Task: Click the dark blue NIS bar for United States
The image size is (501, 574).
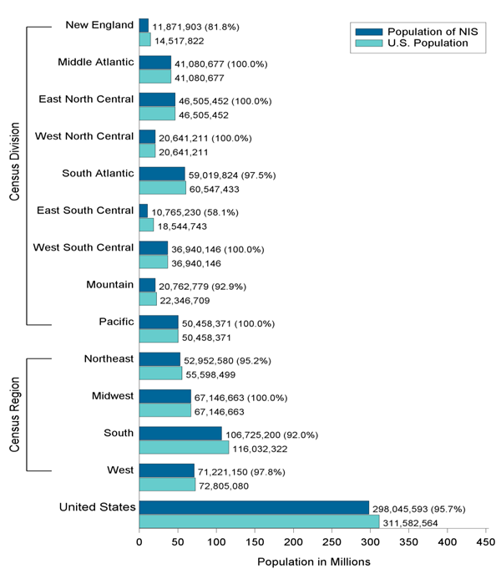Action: pos(254,507)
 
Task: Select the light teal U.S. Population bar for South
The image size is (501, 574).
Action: pos(184,448)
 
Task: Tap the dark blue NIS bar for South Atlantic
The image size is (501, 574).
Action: pos(162,174)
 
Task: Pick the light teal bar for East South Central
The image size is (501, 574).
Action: pos(146,225)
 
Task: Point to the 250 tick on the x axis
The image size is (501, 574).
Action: pos(332,541)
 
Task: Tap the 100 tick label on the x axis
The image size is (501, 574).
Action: pos(217,541)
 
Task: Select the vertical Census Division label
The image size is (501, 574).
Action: pos(14,175)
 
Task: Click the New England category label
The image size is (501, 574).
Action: pos(99,25)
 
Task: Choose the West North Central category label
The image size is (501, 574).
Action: pos(84,136)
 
